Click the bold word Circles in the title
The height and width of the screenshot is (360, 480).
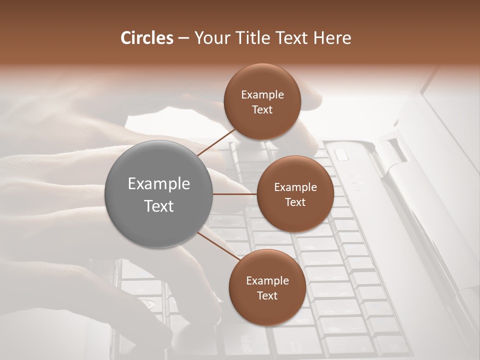147,38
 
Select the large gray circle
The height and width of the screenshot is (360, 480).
159,194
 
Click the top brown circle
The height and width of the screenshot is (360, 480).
262,101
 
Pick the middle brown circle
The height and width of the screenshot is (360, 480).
295,194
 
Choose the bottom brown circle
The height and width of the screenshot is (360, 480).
267,287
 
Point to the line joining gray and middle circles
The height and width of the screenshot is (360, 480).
235,194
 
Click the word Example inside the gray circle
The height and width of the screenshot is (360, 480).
159,184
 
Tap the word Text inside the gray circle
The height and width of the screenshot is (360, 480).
159,206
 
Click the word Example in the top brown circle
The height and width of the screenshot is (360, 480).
262,95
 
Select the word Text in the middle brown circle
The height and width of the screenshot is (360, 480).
295,202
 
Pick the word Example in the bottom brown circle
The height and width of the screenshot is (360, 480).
267,280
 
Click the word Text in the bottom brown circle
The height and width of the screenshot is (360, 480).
267,295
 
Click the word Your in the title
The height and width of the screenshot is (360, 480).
212,38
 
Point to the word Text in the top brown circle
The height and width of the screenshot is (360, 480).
262,109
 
